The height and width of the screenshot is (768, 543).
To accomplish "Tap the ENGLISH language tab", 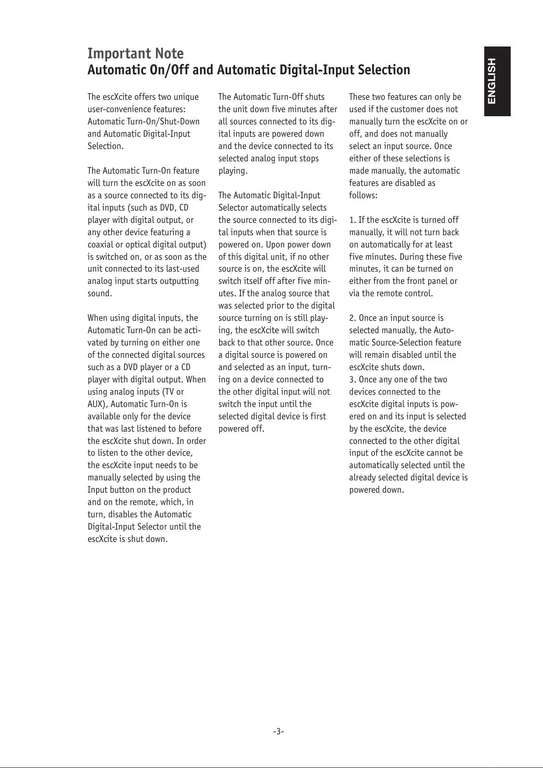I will pyautogui.click(x=497, y=81).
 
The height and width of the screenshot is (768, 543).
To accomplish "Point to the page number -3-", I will pyautogui.click(x=278, y=732).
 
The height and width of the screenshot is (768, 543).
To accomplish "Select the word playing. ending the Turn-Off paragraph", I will pyautogui.click(x=233, y=171).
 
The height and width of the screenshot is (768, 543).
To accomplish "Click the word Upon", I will pyautogui.click(x=275, y=245).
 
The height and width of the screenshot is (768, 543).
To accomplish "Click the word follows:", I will pyautogui.click(x=363, y=196).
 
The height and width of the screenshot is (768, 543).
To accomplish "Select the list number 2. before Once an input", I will pyautogui.click(x=353, y=318).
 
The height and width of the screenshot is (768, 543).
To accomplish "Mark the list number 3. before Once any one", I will pyautogui.click(x=353, y=380).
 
